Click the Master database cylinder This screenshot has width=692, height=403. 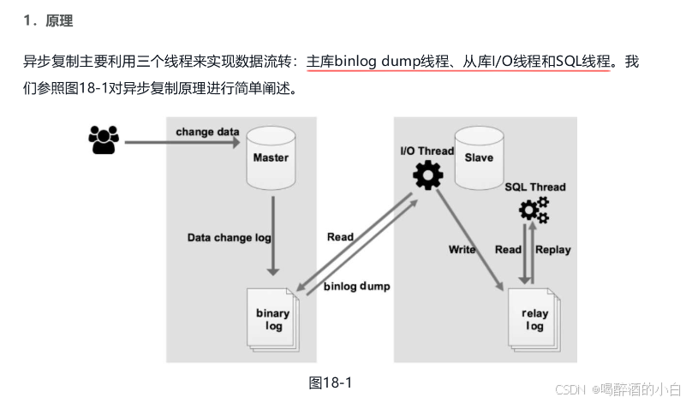click(x=271, y=158)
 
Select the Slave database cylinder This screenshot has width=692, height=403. click(x=479, y=158)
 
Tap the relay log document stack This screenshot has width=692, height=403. click(x=534, y=319)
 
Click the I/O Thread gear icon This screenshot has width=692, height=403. click(x=427, y=176)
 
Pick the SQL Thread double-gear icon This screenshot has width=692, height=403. click(x=534, y=208)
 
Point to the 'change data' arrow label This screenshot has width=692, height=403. click(x=207, y=132)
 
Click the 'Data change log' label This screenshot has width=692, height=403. click(x=230, y=237)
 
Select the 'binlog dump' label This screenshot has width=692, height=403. click(x=357, y=287)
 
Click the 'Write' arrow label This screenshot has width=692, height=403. click(x=462, y=250)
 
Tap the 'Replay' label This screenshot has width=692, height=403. click(x=553, y=250)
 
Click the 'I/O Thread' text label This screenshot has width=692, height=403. click(x=427, y=151)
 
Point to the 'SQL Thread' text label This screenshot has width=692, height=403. click(x=535, y=187)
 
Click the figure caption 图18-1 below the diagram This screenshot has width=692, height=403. click(x=330, y=382)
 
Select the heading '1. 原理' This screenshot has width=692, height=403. click(x=47, y=21)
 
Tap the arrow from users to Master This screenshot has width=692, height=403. click(x=180, y=141)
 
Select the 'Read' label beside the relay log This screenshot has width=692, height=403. click(x=508, y=250)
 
